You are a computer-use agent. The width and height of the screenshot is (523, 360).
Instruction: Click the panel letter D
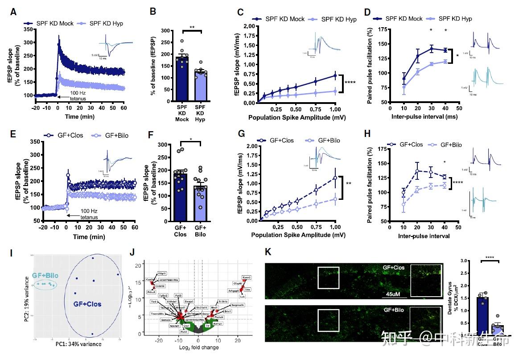(367, 12)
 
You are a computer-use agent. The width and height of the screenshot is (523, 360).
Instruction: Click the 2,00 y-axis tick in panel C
(246, 26)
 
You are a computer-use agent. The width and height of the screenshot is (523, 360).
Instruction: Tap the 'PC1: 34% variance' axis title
(78, 344)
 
